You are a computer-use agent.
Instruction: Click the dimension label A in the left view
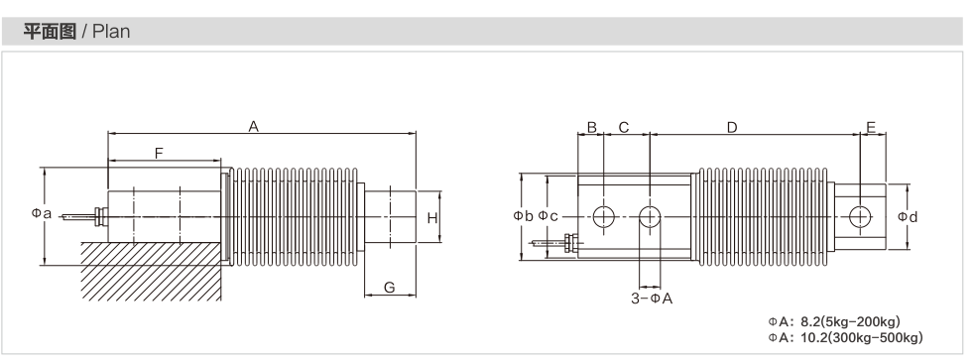[253, 127]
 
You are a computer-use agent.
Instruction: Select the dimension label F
[159, 153]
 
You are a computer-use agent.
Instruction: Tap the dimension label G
[390, 288]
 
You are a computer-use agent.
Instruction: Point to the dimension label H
[432, 218]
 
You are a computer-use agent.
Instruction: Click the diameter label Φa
[41, 213]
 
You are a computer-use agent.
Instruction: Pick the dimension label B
[591, 127]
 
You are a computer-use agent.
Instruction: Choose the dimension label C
[624, 127]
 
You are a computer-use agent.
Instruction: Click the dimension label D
[732, 127]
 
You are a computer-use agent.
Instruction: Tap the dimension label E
[871, 128]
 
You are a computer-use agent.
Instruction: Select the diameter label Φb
[523, 216]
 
